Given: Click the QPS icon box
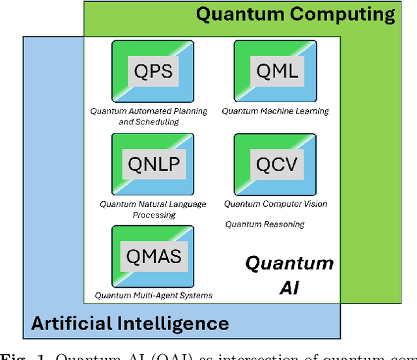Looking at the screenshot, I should tap(153, 70).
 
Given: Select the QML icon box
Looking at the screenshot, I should tap(274, 70).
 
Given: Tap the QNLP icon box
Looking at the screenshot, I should tap(153, 163).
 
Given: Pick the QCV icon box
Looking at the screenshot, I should tap(274, 163).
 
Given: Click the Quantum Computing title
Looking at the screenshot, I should tap(295, 14).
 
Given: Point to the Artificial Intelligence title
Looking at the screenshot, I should tap(130, 323).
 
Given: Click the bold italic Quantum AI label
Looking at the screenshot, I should tap(289, 275).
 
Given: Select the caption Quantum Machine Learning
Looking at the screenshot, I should tap(275, 111).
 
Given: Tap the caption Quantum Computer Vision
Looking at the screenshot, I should tap(276, 204).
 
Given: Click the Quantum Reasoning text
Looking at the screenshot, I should tap(265, 225).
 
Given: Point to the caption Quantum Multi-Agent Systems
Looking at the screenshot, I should tap(153, 296).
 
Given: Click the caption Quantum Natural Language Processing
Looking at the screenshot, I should tap(153, 210).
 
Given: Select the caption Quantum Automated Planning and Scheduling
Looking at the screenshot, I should tap(149, 116).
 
